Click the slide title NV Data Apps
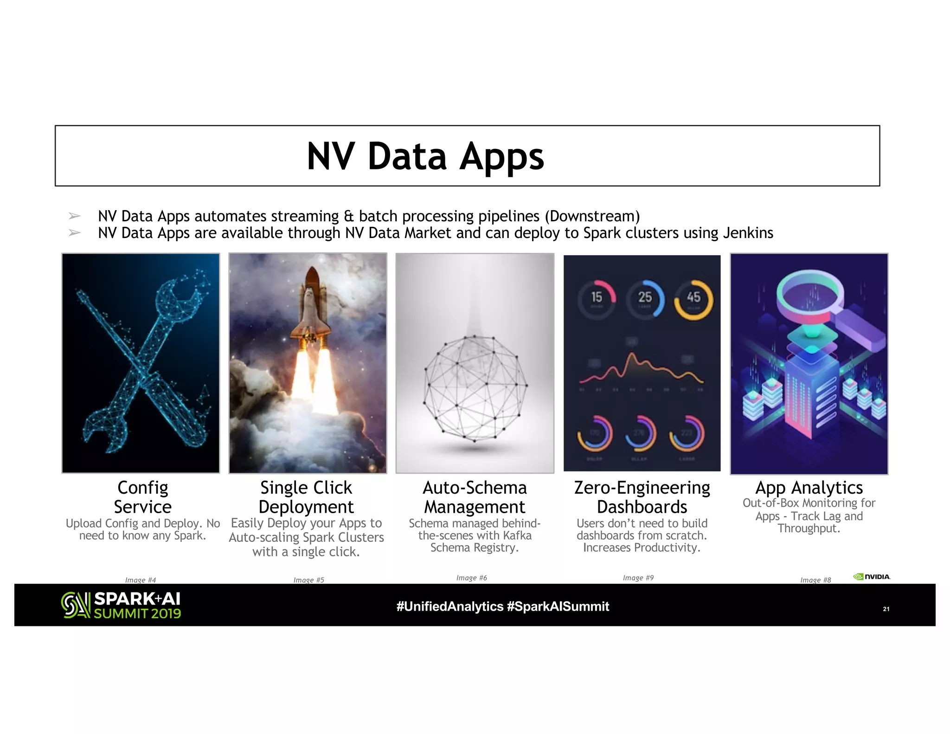425,156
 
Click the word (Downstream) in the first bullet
592,216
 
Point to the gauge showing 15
597,298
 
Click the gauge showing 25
645,298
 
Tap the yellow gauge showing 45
693,298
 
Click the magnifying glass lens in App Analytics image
809,292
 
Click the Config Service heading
142,497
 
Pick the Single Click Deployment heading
306,497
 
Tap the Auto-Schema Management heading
475,497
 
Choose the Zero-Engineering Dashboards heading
642,497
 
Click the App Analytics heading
809,488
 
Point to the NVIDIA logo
872,577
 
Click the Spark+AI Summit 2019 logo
121,605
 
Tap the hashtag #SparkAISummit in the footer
558,606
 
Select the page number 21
886,609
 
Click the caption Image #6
471,578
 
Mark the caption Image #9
638,578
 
